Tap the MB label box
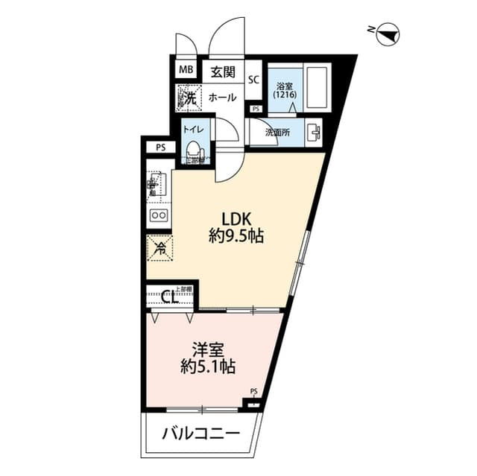(x=184, y=72)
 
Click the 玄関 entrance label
(x=222, y=72)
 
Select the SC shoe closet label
(x=253, y=80)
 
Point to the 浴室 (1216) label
(x=283, y=90)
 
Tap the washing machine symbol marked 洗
(x=186, y=97)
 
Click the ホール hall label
(x=222, y=98)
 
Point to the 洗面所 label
(x=279, y=133)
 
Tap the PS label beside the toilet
(x=160, y=147)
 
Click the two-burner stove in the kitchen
(x=159, y=215)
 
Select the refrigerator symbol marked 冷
(x=159, y=249)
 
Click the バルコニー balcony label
(x=201, y=434)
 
